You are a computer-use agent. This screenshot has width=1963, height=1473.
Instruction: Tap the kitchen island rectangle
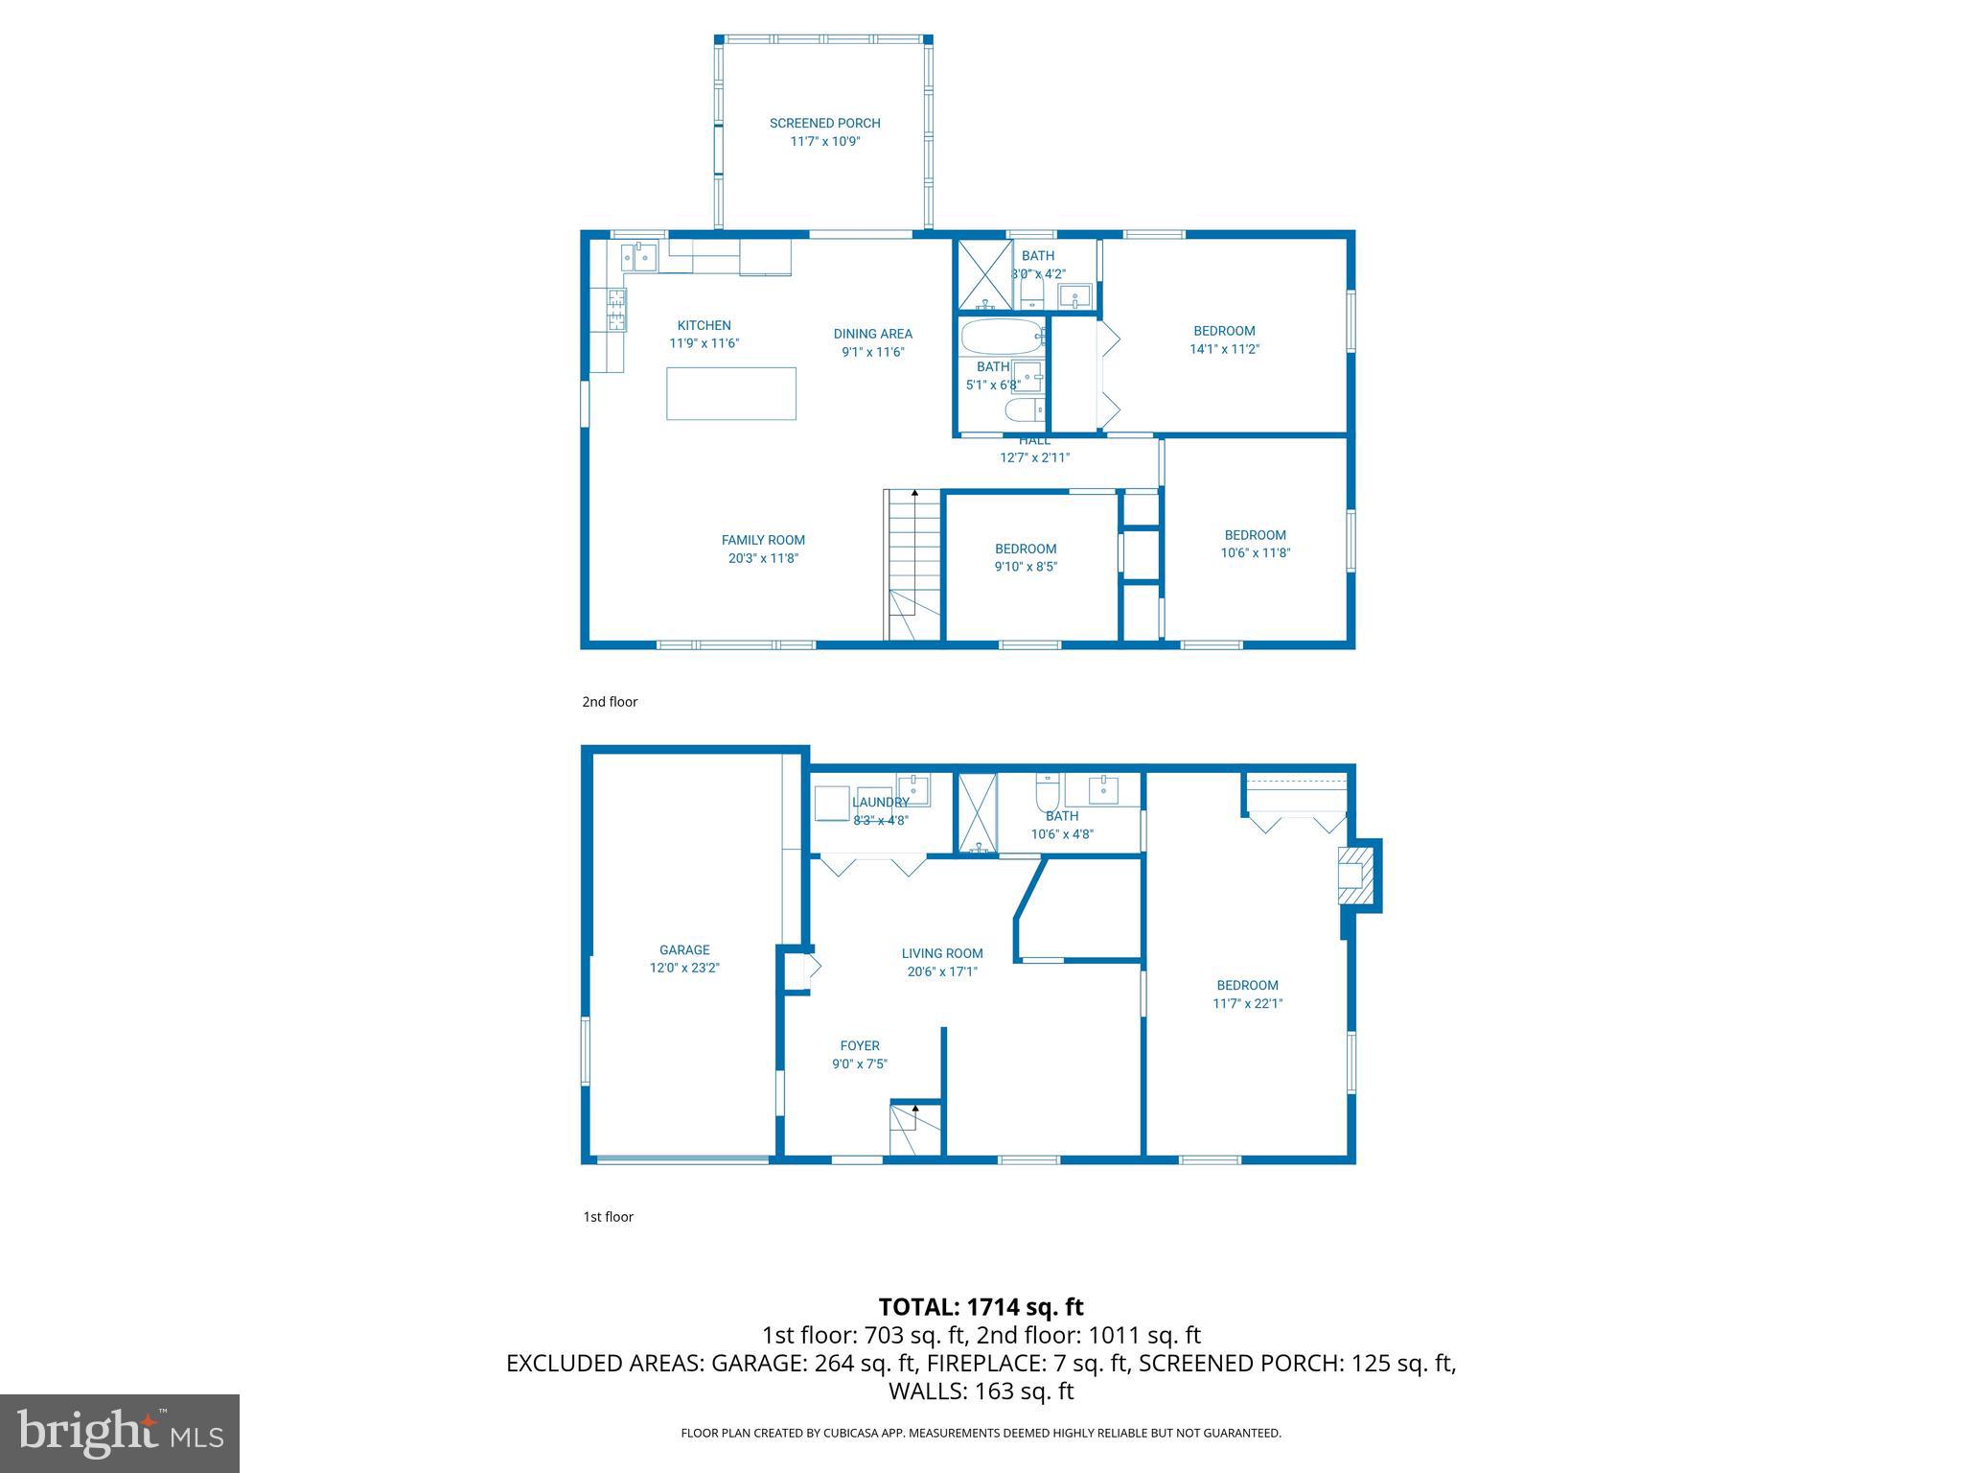coord(731,393)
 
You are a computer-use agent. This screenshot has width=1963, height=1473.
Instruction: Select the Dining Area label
coord(872,334)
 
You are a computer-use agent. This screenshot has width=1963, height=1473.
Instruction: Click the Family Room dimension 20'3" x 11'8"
coord(763,558)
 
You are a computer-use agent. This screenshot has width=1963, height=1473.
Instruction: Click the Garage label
coord(684,950)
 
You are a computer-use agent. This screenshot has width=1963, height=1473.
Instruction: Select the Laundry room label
coord(880,803)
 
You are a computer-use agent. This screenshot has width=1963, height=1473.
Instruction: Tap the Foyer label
coord(860,1046)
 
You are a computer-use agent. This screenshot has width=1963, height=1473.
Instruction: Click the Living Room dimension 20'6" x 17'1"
coord(942,971)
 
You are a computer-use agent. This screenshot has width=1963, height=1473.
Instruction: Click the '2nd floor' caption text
coord(610,702)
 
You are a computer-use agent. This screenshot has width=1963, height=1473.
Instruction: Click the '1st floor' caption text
coord(609,1217)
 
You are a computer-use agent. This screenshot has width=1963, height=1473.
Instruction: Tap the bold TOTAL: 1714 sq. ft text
coord(981,1307)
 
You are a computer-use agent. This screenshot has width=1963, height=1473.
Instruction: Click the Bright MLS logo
coord(120,1433)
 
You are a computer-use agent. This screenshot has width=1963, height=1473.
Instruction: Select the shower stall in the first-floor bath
coord(978,812)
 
